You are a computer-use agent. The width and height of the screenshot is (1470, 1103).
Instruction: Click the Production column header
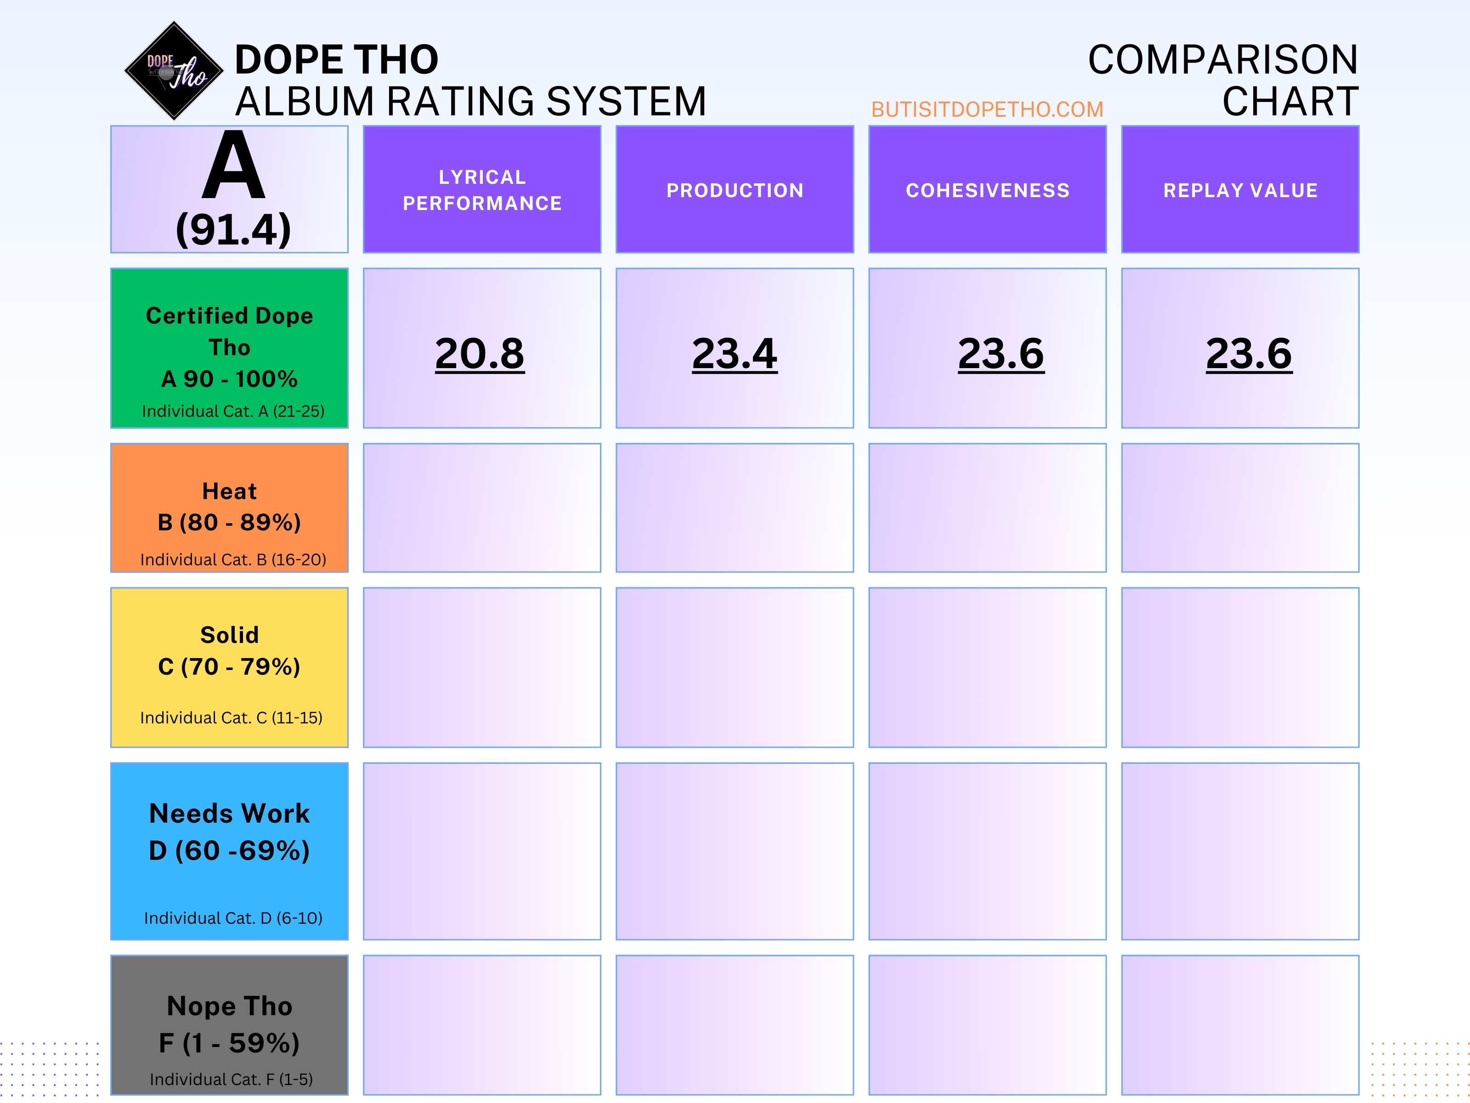tap(735, 190)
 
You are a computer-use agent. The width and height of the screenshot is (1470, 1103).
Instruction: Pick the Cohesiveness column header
tap(988, 190)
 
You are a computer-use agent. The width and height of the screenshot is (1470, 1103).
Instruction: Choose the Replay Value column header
tap(1240, 190)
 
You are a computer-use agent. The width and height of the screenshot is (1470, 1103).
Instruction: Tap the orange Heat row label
tap(229, 507)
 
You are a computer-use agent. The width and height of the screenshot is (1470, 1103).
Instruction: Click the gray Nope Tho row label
tap(229, 1024)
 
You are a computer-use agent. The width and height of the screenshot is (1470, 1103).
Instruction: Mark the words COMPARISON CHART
tap(1223, 80)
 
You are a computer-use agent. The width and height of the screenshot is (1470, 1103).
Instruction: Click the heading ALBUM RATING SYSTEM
tap(470, 102)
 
